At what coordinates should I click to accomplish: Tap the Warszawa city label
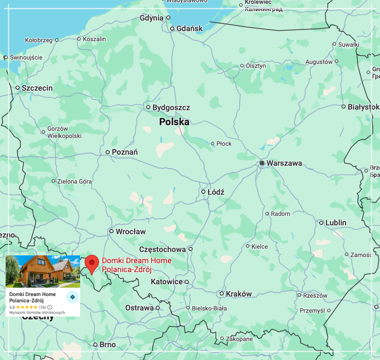point(284,163)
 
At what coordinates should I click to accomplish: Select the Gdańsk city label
point(190,28)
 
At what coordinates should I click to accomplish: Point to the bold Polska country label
point(174,122)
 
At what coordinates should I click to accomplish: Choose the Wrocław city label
point(131,231)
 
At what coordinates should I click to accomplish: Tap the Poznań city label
point(125,152)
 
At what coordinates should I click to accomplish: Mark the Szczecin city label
point(37,88)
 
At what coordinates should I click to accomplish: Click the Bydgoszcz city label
point(171,107)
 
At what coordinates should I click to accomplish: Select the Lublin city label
point(335,223)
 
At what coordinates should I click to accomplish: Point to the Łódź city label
point(215,192)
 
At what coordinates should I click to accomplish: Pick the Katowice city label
point(167,282)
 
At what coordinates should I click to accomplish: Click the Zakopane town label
point(239,339)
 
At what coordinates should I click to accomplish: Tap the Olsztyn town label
point(256,66)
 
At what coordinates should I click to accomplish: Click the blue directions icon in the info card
point(72,297)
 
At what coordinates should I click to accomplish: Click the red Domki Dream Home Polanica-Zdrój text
point(136,265)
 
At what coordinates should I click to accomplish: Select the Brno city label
point(107,344)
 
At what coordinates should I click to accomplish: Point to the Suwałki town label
point(348,44)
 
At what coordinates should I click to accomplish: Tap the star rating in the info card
point(27,307)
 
